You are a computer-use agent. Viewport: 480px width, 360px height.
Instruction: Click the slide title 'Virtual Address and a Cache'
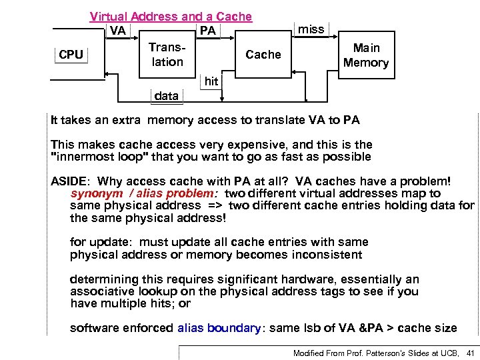point(171,17)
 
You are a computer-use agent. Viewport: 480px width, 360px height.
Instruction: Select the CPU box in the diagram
point(71,55)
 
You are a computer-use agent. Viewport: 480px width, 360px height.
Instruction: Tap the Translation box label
point(167,55)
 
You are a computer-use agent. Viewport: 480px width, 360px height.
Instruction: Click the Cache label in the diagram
point(263,55)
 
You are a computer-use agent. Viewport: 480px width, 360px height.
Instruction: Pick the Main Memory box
point(365,55)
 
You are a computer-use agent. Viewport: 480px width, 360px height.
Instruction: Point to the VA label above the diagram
point(118,30)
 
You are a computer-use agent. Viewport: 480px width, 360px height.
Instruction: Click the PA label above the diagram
point(207,31)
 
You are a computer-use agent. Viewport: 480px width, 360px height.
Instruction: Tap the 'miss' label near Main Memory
point(311,29)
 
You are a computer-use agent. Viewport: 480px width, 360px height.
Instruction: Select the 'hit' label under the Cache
point(211,81)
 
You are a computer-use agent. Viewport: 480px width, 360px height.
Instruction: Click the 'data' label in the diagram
point(166,95)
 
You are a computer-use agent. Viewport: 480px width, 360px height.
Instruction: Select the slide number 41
point(471,353)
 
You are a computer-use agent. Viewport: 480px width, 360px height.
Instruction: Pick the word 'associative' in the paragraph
point(101,291)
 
